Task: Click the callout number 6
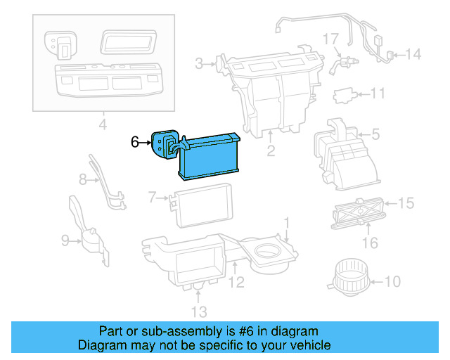[136, 141]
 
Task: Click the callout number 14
[413, 54]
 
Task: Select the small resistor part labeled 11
[343, 94]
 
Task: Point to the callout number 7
[152, 199]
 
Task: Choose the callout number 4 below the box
[102, 126]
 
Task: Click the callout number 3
[199, 65]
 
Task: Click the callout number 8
[83, 180]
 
